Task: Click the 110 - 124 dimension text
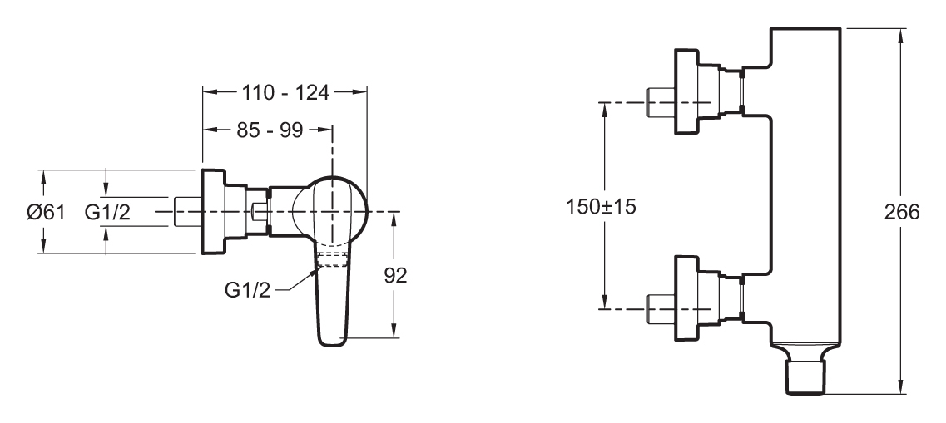pos(285,92)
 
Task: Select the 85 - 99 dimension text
pos(269,130)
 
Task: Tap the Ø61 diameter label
pos(46,212)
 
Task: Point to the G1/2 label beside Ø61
pos(107,212)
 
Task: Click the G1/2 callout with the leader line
pos(247,290)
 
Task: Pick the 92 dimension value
pos(396,275)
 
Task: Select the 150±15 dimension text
pos(601,207)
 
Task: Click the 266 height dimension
pos(902,212)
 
